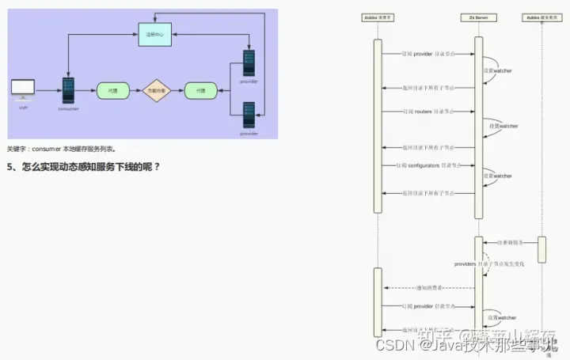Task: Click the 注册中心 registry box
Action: click(x=155, y=36)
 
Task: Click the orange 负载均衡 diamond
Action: click(x=156, y=91)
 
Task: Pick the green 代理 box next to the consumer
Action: click(x=112, y=91)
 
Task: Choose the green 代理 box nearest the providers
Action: click(x=200, y=91)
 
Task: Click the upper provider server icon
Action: click(x=249, y=63)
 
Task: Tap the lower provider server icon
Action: click(x=249, y=115)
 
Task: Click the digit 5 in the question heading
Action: click(x=10, y=167)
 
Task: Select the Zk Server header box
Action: click(x=479, y=17)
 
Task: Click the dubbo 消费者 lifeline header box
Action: click(x=378, y=17)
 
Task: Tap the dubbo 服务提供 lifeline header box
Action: click(x=541, y=17)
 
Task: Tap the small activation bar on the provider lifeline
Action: click(x=541, y=249)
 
